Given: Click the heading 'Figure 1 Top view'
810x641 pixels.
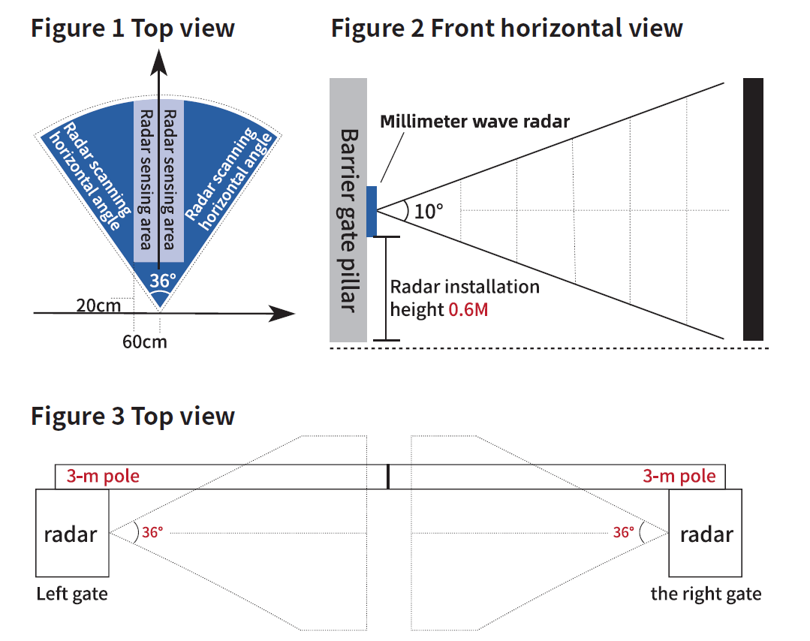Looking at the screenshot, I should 133,29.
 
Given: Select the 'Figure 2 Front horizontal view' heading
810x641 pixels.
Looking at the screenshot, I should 507,29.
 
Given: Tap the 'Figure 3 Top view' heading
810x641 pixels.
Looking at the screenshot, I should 133,416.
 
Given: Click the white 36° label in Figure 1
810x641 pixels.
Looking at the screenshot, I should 162,281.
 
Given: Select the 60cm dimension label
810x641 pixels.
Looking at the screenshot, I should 145,342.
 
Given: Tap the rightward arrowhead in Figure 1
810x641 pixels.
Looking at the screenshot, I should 281,314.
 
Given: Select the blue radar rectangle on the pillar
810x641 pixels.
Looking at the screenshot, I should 371,211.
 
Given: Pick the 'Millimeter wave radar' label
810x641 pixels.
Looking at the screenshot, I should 474,121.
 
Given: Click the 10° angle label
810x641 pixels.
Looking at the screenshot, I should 429,212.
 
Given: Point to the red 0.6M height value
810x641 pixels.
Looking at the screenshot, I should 468,308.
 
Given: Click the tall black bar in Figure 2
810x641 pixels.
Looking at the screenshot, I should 753,209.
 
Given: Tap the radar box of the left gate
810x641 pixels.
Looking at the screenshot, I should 71,534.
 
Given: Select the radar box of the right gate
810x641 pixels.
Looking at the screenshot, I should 706,534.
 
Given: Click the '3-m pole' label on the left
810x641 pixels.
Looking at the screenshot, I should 103,476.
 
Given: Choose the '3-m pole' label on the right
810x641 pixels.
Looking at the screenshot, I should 679,476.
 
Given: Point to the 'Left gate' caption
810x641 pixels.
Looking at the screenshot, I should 72,594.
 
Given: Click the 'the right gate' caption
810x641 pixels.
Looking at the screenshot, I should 706,594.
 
